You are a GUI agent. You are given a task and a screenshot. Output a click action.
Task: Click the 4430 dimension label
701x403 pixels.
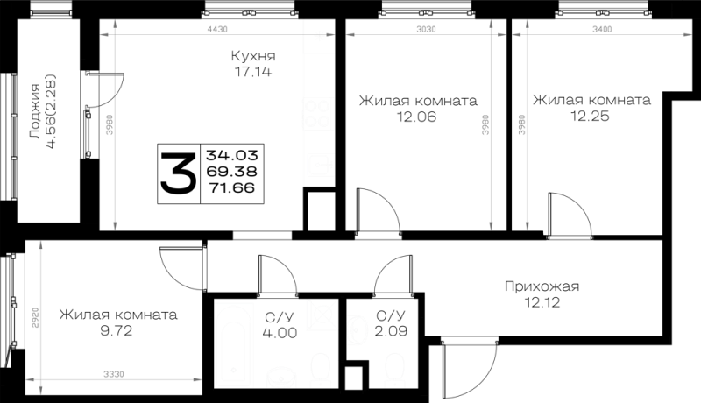click(x=217, y=29)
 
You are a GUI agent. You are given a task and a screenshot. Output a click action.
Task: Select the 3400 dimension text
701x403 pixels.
click(x=602, y=29)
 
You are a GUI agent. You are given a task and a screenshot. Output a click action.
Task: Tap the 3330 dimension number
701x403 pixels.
click(x=114, y=374)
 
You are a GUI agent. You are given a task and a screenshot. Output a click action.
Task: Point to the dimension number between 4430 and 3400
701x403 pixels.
click(x=426, y=29)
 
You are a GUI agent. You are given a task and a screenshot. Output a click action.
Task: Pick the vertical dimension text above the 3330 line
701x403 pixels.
click(x=35, y=317)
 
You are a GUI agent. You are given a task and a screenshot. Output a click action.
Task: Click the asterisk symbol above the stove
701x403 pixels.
click(x=320, y=37)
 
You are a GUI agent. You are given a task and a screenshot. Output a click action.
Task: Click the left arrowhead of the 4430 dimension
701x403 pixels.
click(x=104, y=35)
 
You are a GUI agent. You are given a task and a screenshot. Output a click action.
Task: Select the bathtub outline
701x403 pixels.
click(x=234, y=344)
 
